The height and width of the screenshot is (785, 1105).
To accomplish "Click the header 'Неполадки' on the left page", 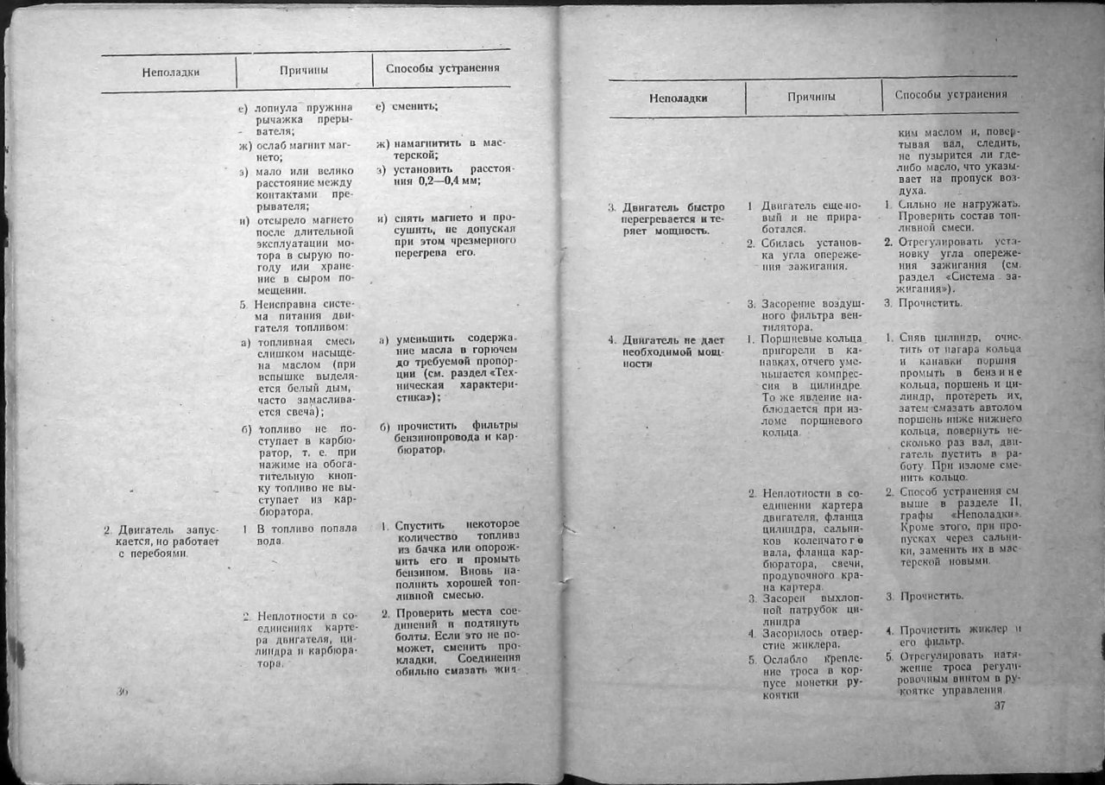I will pos(170,72).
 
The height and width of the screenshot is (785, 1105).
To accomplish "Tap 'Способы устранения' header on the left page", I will pos(442,67).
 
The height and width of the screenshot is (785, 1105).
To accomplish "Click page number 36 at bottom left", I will pos(122,691).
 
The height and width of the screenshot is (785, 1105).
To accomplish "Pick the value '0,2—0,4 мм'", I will pos(438,180).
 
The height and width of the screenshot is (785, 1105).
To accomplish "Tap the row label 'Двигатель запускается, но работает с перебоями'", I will pos(162,540).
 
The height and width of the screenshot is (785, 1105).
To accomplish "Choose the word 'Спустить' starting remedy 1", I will pos(420,524).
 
